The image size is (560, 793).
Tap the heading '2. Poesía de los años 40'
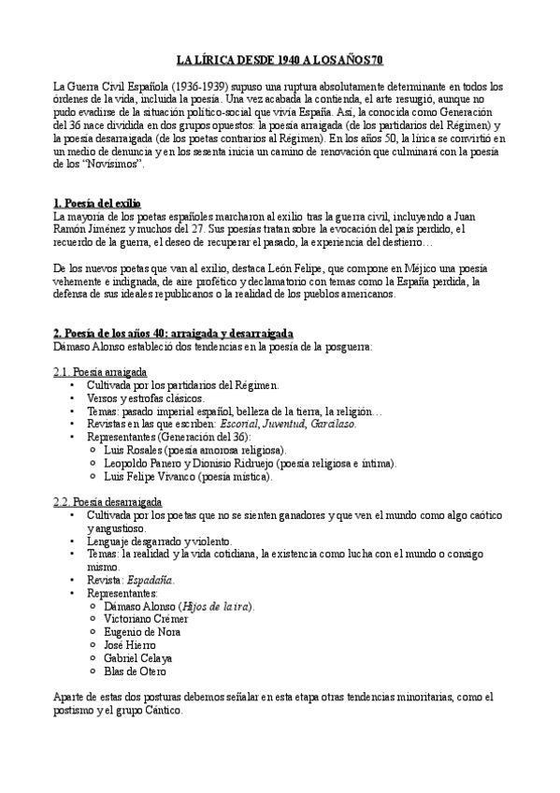(x=173, y=333)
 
